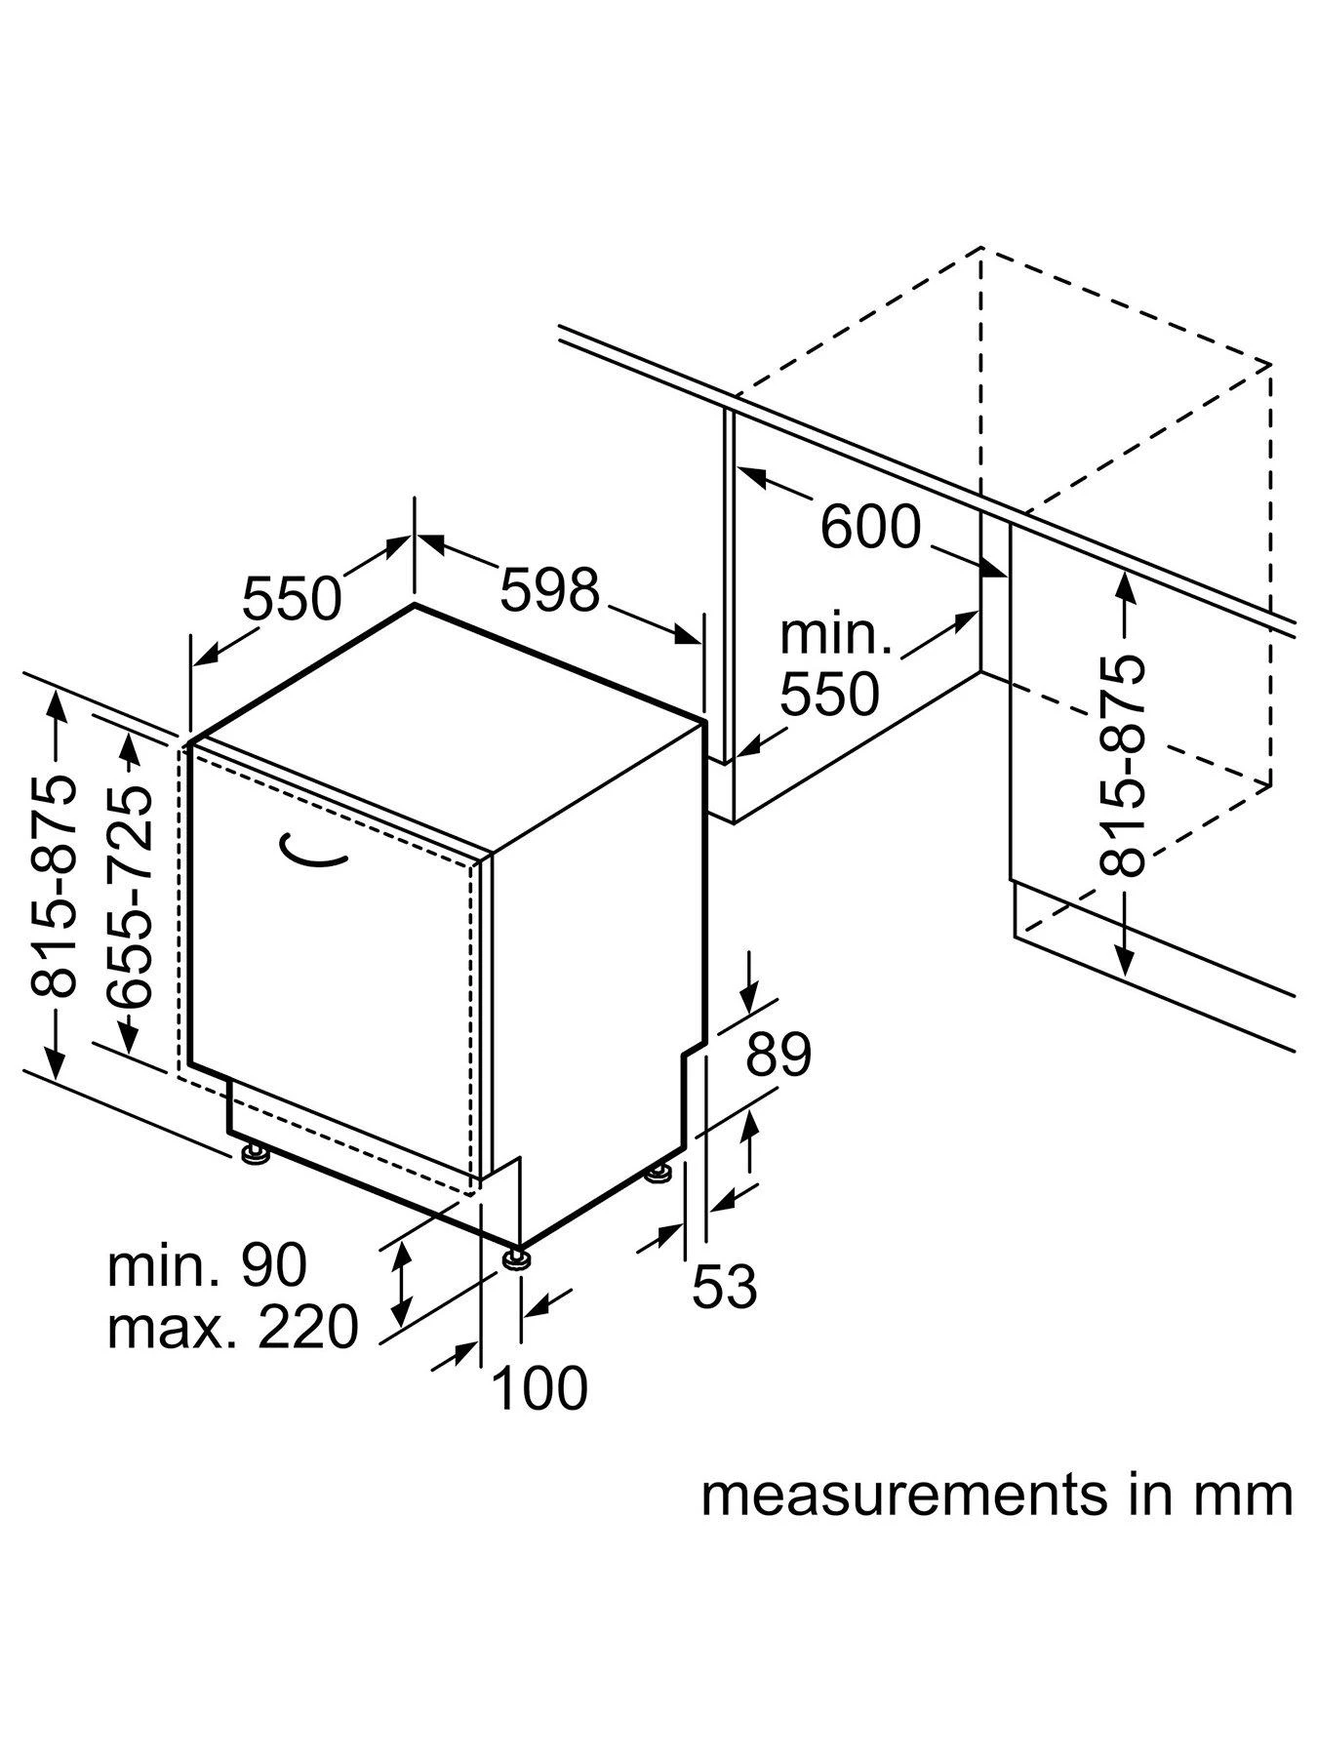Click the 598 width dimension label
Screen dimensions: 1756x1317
(x=549, y=590)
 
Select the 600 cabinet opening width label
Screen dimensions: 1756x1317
(x=870, y=527)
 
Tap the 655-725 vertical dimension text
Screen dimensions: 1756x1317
(x=131, y=897)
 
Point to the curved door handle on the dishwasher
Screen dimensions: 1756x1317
(x=313, y=852)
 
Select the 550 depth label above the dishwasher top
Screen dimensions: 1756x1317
(x=292, y=598)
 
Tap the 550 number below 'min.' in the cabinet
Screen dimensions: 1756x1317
(x=829, y=695)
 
